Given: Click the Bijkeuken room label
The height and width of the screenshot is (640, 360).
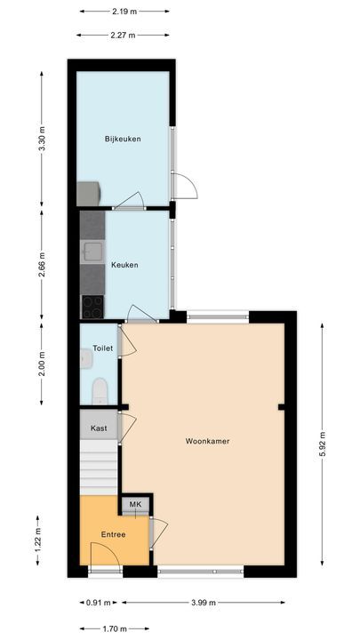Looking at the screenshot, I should (x=123, y=139).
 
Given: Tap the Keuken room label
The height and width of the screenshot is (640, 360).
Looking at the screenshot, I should (x=124, y=265).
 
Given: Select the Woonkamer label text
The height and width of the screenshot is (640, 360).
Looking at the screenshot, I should (x=208, y=441).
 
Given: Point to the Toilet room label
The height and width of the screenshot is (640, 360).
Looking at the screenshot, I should (x=103, y=348).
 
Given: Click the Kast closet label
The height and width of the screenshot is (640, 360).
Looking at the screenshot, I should (x=99, y=428).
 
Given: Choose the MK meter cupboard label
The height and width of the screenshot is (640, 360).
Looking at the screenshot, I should (x=135, y=505).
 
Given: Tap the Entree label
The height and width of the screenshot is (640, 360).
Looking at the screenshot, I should (x=112, y=534).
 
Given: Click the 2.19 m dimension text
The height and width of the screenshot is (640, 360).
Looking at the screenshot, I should (x=124, y=12).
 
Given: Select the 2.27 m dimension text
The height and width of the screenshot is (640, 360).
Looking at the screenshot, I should (x=124, y=36).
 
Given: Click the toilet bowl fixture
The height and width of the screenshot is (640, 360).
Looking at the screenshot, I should (x=100, y=390).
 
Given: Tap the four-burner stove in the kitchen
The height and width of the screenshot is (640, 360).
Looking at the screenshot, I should (x=92, y=307).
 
